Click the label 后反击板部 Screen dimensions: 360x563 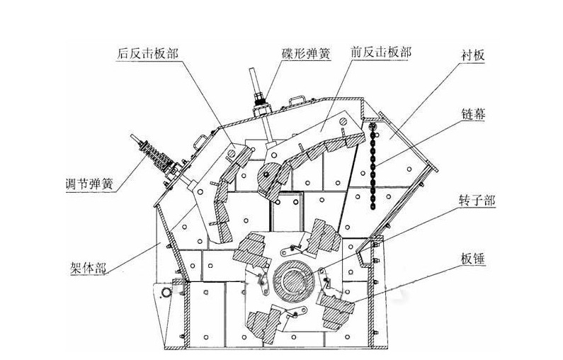click(149, 54)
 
